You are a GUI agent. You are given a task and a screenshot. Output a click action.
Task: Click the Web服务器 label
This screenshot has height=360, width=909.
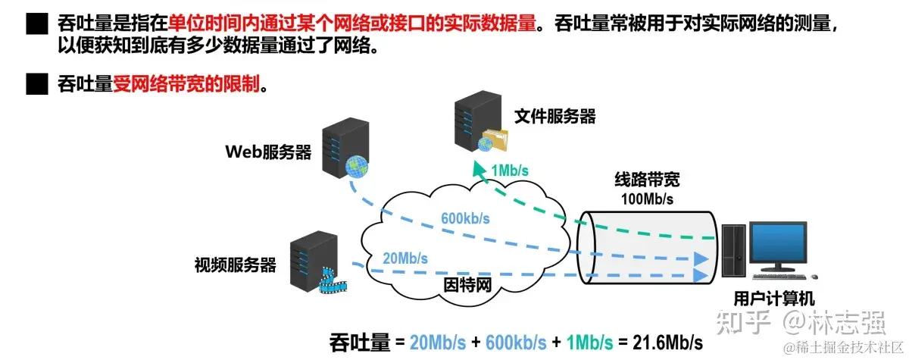268,152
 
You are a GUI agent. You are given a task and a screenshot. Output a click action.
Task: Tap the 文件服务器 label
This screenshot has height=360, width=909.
555,116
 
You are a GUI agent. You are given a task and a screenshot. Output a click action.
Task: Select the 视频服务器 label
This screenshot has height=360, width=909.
235,265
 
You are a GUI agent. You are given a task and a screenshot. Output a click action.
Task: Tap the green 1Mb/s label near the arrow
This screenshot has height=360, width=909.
509,171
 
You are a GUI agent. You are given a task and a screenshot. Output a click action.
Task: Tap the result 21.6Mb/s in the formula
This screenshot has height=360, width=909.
667,342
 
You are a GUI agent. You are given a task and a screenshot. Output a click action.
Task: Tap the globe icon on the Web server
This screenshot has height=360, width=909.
355,167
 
